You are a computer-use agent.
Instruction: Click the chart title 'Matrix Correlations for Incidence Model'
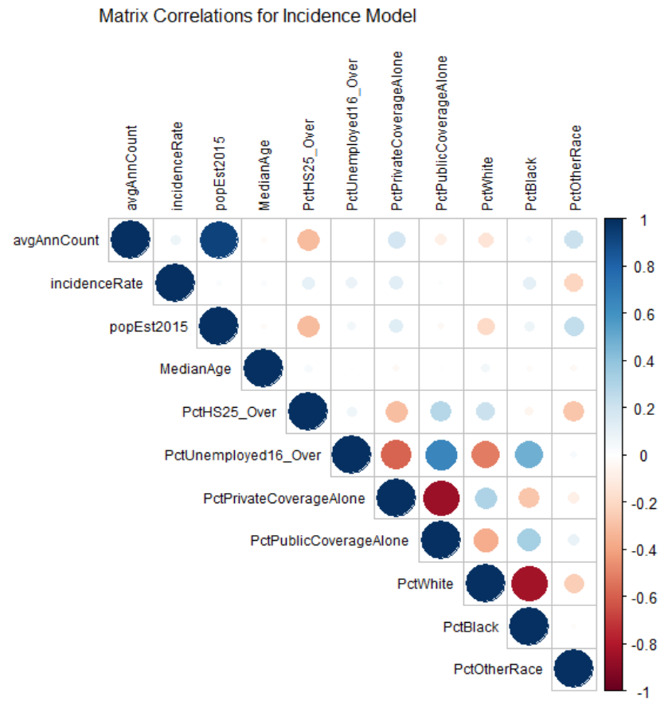[x=257, y=16]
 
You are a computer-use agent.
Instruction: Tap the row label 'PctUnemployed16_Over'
[x=242, y=455]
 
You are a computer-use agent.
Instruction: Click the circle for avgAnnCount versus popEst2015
[x=217, y=239]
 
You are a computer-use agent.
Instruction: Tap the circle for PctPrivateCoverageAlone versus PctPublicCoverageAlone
[x=440, y=498]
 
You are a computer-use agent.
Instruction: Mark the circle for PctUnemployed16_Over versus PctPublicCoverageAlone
[x=440, y=455]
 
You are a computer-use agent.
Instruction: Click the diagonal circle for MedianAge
[x=263, y=368]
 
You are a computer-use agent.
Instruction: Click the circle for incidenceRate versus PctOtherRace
[x=572, y=282]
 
